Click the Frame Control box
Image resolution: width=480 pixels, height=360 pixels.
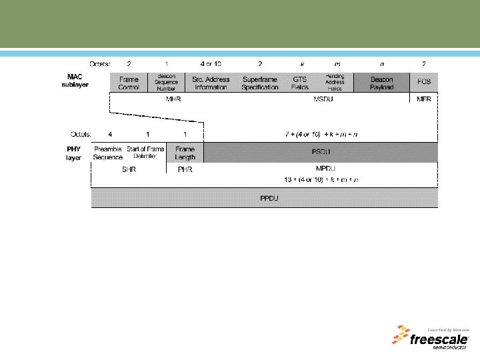pyautogui.click(x=129, y=83)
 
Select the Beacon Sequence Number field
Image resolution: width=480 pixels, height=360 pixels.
pyautogui.click(x=166, y=83)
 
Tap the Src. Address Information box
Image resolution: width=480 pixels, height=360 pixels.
pyautogui.click(x=211, y=83)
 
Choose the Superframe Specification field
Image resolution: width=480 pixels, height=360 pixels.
pyautogui.click(x=260, y=83)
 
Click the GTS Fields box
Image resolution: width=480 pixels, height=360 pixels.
pyautogui.click(x=300, y=83)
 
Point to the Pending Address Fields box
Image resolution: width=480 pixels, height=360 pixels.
pyautogui.click(x=335, y=83)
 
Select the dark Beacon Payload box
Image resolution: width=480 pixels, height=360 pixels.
pyautogui.click(x=381, y=83)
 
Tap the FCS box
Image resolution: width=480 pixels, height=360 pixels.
pyautogui.click(x=424, y=83)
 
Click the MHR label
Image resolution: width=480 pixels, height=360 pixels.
pyautogui.click(x=173, y=99)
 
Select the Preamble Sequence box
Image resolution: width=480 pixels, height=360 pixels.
pyautogui.click(x=108, y=153)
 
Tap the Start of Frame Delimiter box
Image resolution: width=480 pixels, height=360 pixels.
pyautogui.click(x=145, y=153)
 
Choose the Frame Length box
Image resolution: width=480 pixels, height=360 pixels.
pyautogui.click(x=185, y=153)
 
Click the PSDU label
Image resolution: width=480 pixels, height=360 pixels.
pyautogui.click(x=321, y=152)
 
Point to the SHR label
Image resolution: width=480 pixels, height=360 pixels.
pyautogui.click(x=128, y=169)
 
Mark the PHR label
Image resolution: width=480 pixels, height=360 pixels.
pyautogui.click(x=185, y=169)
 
